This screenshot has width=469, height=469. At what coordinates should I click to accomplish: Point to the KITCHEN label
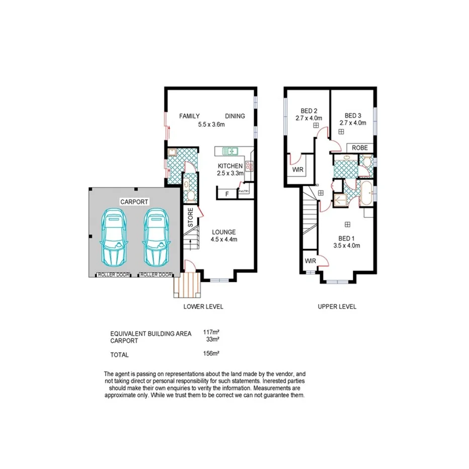coord(230,166)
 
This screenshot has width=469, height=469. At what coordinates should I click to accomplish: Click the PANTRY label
coord(244,192)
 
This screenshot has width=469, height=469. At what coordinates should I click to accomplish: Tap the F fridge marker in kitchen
coord(227,194)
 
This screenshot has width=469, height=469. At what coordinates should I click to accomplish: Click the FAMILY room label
coord(190,116)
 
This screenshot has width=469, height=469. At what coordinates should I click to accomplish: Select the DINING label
coord(235,116)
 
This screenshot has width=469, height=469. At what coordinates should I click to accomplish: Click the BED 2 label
coord(308,111)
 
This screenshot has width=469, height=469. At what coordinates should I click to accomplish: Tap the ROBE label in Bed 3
coord(360,148)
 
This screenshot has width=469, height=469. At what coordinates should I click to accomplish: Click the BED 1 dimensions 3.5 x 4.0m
coord(347,246)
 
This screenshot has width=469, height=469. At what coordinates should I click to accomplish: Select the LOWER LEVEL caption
coord(204,306)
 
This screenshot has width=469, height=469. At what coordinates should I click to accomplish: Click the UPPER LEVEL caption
coord(337,306)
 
